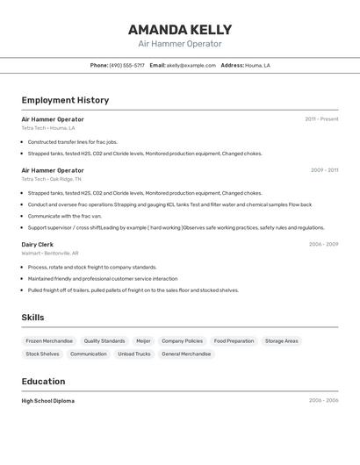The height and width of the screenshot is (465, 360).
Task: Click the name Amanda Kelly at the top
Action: (180, 30)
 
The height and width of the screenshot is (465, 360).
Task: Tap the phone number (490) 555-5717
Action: (127, 65)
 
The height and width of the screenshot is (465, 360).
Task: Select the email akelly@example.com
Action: (191, 65)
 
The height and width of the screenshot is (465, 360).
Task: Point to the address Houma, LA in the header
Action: (257, 65)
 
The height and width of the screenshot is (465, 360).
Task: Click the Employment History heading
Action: (65, 100)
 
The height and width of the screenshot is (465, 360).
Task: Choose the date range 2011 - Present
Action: (321, 119)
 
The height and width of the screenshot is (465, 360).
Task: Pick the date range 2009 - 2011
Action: (324, 170)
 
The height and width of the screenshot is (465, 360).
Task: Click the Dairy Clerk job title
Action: (38, 244)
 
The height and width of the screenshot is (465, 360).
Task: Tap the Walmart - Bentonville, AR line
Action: (50, 253)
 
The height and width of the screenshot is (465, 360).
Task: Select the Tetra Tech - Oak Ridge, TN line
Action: (51, 179)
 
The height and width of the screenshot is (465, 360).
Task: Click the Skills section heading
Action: (32, 318)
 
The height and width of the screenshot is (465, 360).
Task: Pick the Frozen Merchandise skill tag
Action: (49, 340)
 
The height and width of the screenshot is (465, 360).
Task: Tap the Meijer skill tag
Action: (143, 340)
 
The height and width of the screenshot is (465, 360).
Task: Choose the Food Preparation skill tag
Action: (234, 340)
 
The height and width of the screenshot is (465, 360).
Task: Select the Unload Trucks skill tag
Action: (134, 354)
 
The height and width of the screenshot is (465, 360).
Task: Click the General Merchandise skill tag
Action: (186, 354)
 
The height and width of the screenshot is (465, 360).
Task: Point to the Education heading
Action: (43, 382)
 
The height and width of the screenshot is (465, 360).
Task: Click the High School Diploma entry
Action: (47, 401)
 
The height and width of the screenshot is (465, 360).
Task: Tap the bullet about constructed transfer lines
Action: (72, 141)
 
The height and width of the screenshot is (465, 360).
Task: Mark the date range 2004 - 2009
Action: (323, 244)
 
